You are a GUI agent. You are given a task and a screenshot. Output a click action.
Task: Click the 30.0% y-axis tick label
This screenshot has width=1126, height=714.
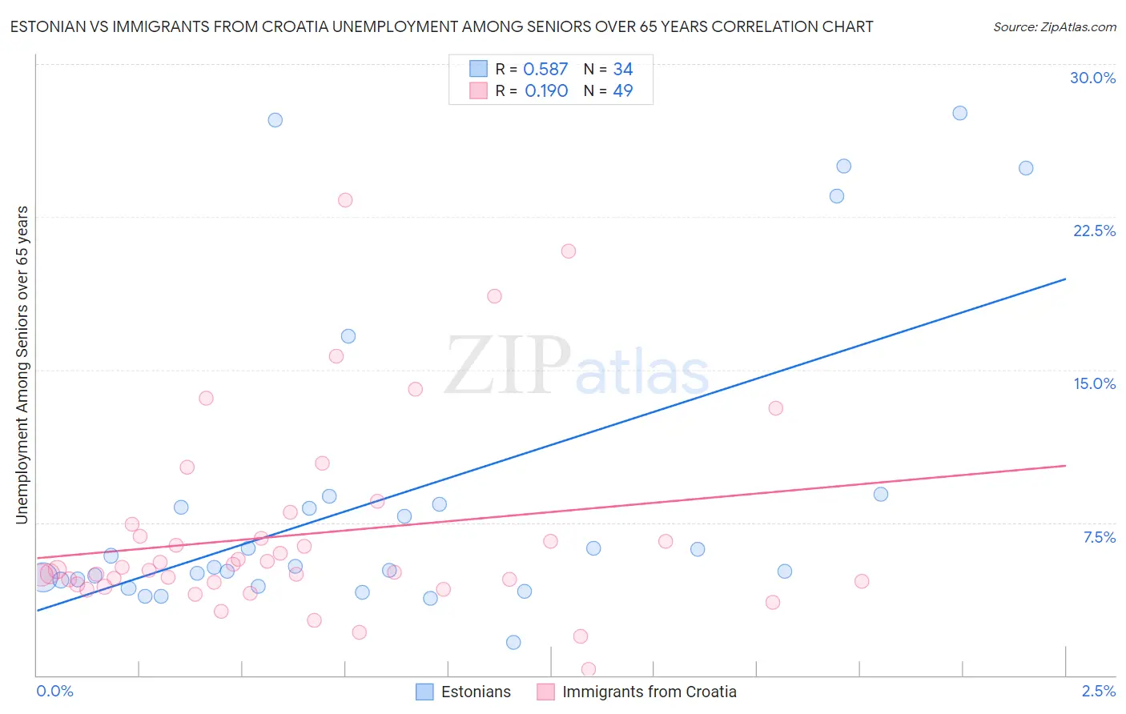1092,78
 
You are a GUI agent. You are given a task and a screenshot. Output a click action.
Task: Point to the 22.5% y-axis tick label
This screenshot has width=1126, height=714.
1094,231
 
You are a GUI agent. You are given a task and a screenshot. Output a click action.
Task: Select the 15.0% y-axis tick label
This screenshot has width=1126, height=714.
1094,383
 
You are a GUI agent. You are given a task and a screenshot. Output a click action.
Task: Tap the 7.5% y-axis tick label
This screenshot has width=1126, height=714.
1099,537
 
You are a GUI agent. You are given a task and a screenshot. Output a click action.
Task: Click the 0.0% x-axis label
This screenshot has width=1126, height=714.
54,691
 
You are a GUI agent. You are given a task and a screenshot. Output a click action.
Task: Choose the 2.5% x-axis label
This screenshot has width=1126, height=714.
1098,691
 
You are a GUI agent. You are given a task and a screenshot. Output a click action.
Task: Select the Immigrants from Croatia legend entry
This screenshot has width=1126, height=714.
637,692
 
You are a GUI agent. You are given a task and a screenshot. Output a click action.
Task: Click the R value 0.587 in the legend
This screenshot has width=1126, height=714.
545,70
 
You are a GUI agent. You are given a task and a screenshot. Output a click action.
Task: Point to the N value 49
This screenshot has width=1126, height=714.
622,90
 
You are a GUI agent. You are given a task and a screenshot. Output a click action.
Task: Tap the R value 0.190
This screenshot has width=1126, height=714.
546,90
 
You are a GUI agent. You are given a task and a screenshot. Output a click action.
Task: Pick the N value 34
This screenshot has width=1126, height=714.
622,70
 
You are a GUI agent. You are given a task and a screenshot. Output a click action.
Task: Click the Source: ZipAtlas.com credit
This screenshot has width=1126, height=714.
1054,26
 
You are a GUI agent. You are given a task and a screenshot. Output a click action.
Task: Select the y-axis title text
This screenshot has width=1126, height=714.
22,365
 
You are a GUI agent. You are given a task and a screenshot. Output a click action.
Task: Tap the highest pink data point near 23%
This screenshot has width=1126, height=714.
345,200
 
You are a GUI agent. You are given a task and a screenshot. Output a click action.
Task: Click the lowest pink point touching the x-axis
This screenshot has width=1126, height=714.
588,669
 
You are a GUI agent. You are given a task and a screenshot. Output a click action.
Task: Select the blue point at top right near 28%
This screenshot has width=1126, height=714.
959,113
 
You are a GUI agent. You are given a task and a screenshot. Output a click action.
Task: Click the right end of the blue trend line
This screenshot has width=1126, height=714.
1065,279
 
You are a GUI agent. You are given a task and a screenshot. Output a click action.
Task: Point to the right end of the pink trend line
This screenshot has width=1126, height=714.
1065,465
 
